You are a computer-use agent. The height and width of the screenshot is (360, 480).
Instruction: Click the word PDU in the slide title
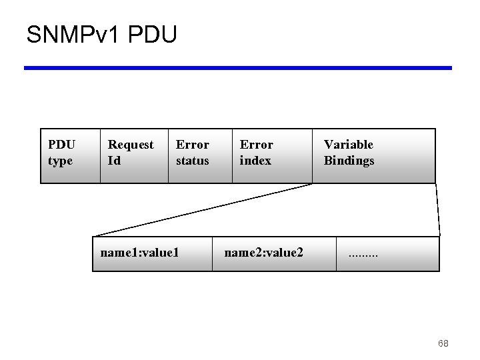150,34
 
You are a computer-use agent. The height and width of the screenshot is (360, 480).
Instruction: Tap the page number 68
443,343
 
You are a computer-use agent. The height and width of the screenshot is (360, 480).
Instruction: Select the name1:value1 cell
152,253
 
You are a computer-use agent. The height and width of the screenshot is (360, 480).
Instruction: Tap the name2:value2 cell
274,253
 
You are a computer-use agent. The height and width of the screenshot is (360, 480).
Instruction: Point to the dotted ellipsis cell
388,253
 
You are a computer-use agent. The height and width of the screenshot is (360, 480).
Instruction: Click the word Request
131,145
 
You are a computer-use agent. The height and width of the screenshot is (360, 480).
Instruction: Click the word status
192,161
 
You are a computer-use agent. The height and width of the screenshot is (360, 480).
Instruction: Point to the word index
255,161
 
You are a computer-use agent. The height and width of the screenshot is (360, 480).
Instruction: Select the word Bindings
349,161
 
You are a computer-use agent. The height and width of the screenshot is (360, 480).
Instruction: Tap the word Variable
348,145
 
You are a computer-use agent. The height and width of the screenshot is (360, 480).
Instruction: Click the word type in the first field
60,161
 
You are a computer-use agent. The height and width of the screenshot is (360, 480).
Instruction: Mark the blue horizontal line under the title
238,67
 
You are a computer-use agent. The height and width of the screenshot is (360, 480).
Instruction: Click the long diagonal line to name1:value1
200,210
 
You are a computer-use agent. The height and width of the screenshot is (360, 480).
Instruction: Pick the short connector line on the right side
438,210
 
